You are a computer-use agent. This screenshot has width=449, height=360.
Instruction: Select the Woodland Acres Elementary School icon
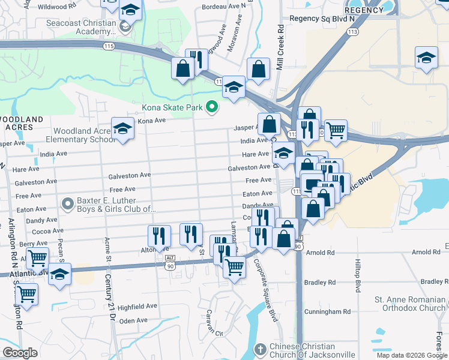pos(123,130)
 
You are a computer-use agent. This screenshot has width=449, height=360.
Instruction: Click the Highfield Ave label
pos(136,307)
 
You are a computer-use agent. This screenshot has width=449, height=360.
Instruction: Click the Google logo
pos(20,353)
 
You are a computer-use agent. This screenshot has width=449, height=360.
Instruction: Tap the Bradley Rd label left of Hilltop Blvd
pos(319,282)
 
